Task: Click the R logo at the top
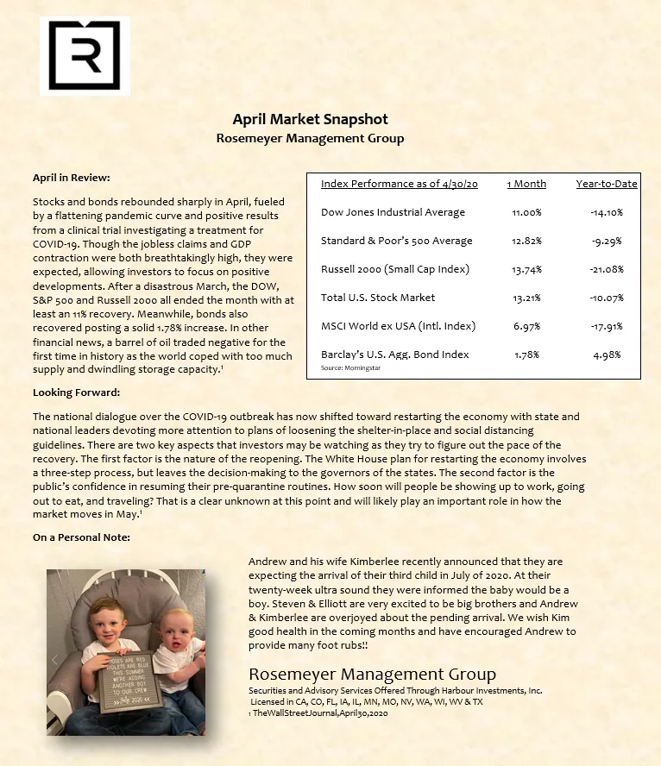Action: point(84,56)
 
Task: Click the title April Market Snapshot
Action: point(310,119)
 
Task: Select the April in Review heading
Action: point(72,178)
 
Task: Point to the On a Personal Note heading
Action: point(81,537)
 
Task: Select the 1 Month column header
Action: point(526,184)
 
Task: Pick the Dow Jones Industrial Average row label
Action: point(393,212)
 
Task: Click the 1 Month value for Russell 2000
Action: point(526,269)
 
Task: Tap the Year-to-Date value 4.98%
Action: point(607,354)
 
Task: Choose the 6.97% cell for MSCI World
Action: point(526,325)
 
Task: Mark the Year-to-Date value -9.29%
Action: point(607,241)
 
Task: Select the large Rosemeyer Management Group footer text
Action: point(372,674)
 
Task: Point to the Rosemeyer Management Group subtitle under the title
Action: point(310,138)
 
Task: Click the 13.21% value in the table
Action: point(526,298)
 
